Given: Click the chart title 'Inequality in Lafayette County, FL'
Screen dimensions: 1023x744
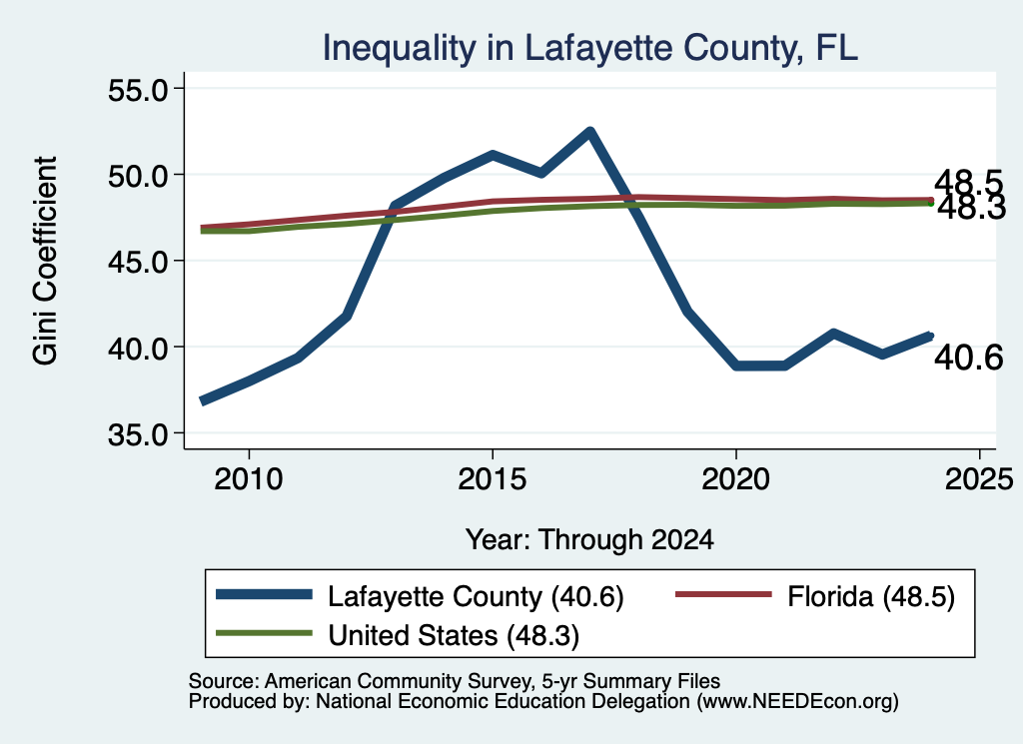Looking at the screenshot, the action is tap(589, 49).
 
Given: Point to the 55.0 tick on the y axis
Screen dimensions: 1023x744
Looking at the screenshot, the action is tap(138, 89).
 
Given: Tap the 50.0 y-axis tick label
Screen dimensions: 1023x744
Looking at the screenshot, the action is tap(138, 176).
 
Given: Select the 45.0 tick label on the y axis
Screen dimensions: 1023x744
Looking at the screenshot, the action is tap(138, 262).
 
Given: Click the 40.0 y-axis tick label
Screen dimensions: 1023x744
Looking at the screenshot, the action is tap(138, 348).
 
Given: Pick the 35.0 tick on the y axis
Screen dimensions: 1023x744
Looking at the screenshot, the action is tap(138, 434).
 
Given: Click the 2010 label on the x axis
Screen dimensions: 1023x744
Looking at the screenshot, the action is tap(249, 479).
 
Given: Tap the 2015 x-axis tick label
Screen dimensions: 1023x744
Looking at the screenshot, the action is tap(492, 479).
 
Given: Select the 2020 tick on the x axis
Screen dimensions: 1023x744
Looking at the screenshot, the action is tap(736, 479).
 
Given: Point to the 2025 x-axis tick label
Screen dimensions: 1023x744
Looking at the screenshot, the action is tap(979, 479).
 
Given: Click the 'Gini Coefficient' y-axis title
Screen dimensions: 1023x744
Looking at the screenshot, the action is tap(46, 261).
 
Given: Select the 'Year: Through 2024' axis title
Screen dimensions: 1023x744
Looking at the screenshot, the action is tap(589, 540).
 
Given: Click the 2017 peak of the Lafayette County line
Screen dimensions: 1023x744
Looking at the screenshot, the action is tap(589, 132).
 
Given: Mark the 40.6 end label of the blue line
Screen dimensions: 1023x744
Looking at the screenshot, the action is tap(968, 358).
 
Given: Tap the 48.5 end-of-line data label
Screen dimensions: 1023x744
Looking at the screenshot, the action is tap(968, 182).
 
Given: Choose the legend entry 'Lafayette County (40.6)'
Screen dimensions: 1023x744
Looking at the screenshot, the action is tap(420, 596).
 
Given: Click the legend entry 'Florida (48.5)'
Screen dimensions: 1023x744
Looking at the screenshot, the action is tap(815, 596).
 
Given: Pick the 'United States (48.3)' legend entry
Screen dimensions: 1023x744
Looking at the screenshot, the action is tap(398, 635).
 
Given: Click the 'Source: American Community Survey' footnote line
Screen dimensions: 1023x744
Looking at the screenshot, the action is tap(455, 681).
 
